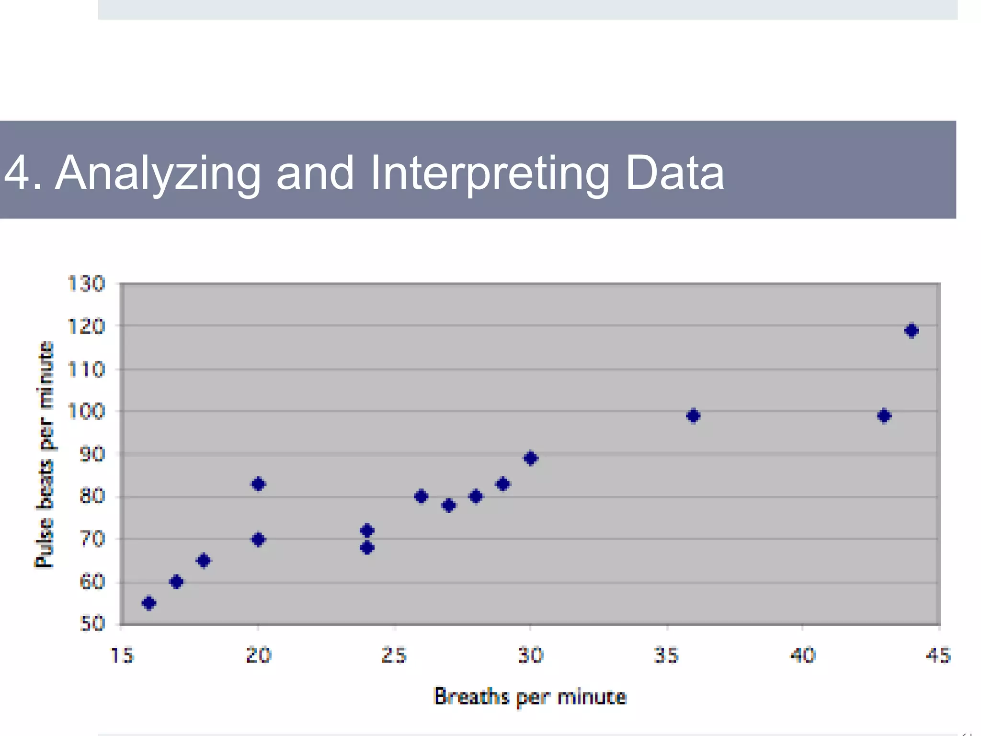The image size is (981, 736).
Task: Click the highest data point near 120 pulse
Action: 911,331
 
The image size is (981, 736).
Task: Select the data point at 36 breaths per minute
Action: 693,416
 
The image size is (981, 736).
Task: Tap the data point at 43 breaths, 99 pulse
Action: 884,416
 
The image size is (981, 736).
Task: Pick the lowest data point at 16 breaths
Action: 149,603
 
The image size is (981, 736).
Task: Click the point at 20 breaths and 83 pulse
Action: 258,484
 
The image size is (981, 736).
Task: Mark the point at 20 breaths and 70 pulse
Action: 258,540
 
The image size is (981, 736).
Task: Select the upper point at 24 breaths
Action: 367,530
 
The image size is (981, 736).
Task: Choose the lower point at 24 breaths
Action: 367,548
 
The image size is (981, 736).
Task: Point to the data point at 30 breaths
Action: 531,459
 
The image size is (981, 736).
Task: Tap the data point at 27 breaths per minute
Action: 449,506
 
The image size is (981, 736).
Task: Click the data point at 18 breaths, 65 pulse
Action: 204,561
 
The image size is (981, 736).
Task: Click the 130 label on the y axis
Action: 86,284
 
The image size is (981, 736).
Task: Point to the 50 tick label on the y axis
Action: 92,624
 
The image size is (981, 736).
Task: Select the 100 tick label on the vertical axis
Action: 86,411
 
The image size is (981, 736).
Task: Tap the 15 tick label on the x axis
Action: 122,655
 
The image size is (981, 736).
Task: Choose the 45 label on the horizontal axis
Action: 938,655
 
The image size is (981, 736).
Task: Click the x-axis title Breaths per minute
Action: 530,697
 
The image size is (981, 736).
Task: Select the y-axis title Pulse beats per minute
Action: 45,454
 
